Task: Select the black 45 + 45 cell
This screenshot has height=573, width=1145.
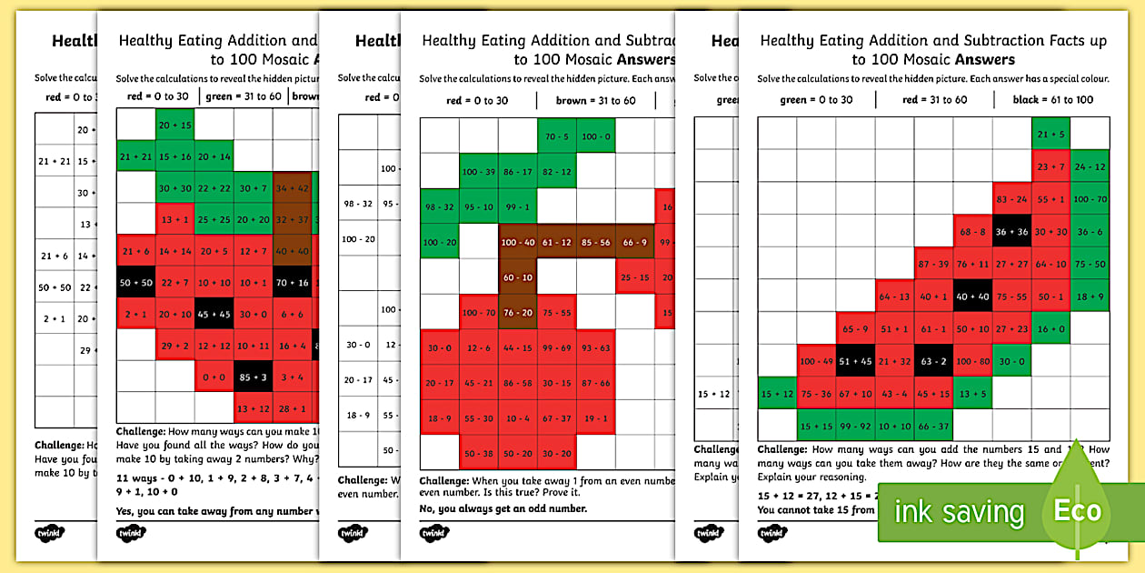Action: pos(214,314)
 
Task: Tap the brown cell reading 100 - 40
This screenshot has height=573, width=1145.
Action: pos(517,243)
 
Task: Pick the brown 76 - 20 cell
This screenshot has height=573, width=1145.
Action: pos(517,313)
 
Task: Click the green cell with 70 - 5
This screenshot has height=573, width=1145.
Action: pos(556,137)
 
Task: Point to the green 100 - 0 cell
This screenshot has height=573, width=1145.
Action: pos(595,137)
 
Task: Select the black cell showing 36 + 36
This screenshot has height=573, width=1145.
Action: pos(1011,231)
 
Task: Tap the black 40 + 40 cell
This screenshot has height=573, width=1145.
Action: pos(972,297)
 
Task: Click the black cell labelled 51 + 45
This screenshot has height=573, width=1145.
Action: pos(855,361)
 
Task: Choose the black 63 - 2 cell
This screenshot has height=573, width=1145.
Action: pos(933,361)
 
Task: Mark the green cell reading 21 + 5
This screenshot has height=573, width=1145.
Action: pos(1050,135)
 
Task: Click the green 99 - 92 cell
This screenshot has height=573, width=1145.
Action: pos(855,426)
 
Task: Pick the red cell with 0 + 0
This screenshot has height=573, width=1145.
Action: pos(214,376)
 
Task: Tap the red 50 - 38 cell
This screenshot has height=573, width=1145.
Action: pos(478,453)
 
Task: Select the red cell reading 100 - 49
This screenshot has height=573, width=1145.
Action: pos(816,361)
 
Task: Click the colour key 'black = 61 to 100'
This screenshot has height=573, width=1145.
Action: pos(1053,100)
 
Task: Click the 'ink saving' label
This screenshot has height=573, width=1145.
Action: pos(959,513)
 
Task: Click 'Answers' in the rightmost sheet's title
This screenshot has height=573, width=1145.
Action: pos(984,60)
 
